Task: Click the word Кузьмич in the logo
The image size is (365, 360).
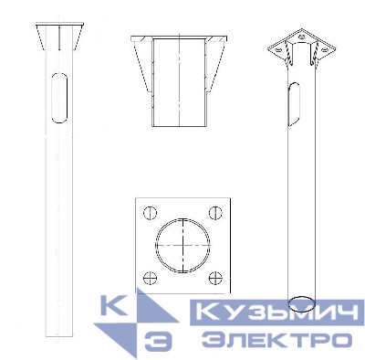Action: (x=277, y=312)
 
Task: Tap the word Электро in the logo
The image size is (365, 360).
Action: (x=276, y=339)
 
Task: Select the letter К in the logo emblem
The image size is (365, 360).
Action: (x=113, y=305)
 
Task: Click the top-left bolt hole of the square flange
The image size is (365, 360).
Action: (x=150, y=213)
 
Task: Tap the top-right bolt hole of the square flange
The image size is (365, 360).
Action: (x=215, y=213)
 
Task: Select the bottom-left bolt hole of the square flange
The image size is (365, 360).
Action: (x=150, y=278)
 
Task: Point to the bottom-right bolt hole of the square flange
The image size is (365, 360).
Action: (x=215, y=278)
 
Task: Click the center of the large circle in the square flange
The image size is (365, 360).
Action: (x=182, y=245)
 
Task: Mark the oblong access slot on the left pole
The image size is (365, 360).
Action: (x=59, y=98)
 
